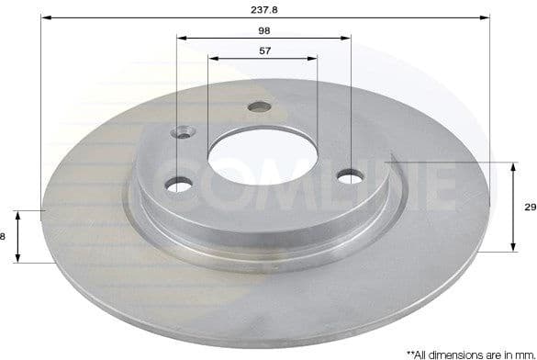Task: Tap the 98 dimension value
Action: [264, 29]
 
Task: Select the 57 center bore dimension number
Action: [264, 51]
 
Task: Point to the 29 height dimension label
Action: [530, 208]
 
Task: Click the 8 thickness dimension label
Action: [4, 236]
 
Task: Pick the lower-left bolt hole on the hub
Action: [178, 186]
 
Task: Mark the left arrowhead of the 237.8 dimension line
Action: [45, 17]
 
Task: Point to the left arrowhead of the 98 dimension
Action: [181, 39]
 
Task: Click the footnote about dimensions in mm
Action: [463, 353]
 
